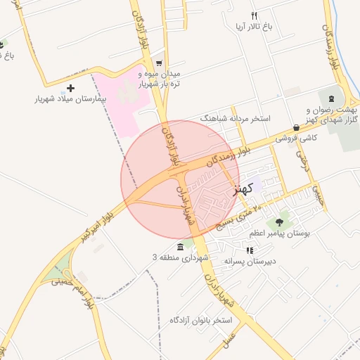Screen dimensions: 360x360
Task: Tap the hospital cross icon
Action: [x=70, y=88]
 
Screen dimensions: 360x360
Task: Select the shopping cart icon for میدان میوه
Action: [x=159, y=63]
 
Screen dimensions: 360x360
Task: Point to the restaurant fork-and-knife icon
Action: [x=255, y=15]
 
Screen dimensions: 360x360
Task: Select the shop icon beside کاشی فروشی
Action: [x=297, y=128]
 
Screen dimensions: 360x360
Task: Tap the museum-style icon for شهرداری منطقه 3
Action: [x=181, y=247]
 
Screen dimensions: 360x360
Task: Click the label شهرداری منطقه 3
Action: [x=181, y=258]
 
